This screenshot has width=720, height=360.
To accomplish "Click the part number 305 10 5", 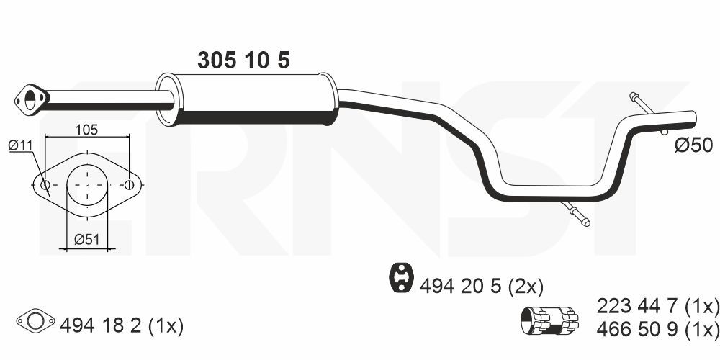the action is (243, 60).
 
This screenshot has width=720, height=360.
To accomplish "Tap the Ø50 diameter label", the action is (694, 146).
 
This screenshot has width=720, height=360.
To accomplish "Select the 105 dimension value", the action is (87, 130).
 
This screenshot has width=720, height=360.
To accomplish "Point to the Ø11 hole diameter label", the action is (21, 146).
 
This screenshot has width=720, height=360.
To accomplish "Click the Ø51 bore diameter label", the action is (87, 239).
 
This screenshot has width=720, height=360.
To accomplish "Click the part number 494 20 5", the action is (463, 287).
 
